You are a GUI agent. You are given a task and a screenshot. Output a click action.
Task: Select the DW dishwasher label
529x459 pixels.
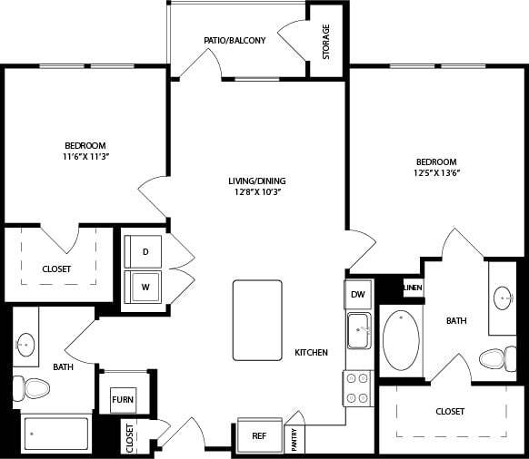pos(357,294)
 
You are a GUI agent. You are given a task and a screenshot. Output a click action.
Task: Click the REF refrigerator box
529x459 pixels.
pos(259,435)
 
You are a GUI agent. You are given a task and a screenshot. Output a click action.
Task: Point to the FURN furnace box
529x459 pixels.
pos(123,399)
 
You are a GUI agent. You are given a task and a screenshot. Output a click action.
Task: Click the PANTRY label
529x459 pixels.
pos(295,439)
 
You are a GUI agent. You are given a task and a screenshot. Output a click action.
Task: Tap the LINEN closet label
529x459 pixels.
pos(413,288)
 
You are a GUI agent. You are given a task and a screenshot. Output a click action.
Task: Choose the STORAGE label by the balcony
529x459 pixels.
pos(325,42)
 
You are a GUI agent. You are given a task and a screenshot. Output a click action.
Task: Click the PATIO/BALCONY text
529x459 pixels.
pos(235,40)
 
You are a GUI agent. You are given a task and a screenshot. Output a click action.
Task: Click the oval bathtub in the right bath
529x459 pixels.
pos(401,341)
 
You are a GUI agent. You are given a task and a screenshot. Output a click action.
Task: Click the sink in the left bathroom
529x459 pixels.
pos(26,344)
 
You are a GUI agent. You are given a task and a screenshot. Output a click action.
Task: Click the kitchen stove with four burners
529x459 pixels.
pos(357,387)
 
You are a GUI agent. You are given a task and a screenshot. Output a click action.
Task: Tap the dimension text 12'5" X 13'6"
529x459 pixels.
pos(437,173)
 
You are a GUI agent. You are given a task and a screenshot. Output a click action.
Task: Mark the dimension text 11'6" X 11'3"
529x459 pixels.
pos(85,157)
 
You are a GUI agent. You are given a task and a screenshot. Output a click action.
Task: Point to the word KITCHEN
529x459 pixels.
pos(311,352)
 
